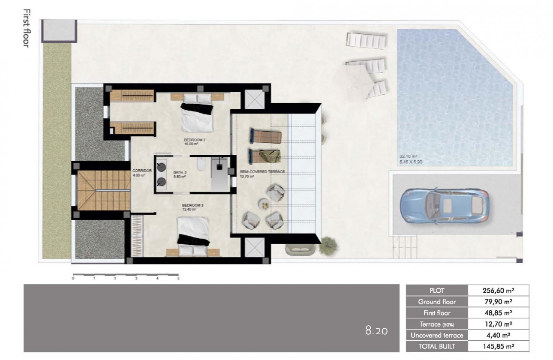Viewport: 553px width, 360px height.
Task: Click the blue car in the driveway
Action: click(x=444, y=206)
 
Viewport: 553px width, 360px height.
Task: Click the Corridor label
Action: click(x=140, y=173)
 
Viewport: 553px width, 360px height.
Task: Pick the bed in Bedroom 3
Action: click(x=193, y=235)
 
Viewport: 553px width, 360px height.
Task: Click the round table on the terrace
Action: click(x=264, y=205)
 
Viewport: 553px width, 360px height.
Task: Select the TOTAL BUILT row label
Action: click(x=436, y=346)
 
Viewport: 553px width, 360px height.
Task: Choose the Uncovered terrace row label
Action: click(x=436, y=335)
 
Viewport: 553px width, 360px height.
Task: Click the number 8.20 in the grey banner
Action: click(x=376, y=331)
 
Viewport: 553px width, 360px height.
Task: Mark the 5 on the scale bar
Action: click(x=178, y=279)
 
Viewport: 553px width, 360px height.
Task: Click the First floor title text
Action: click(x=26, y=28)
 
